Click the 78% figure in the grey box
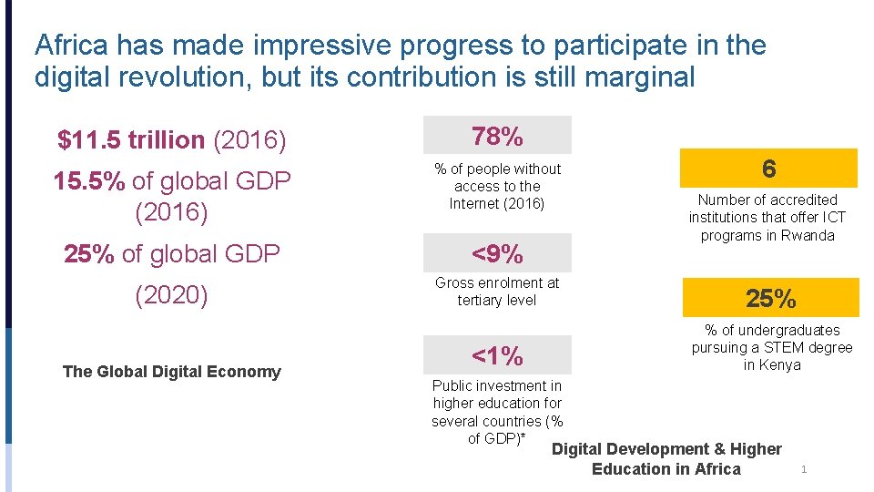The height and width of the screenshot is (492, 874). pos(497,137)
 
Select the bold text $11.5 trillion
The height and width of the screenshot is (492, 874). pos(131,140)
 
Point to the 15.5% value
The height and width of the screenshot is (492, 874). pos(89,181)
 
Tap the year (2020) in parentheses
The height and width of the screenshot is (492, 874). pos(171,296)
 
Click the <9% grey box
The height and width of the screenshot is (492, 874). pos(497,253)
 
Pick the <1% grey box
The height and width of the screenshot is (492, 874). pos(497,355)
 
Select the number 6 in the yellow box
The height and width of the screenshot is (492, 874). pos(769,169)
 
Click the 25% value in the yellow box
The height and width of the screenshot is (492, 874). pos(771,298)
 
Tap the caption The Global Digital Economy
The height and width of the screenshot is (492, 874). pos(171,371)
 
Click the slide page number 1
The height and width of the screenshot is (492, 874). pos(803,469)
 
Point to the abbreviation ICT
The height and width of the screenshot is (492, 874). pos(832,217)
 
